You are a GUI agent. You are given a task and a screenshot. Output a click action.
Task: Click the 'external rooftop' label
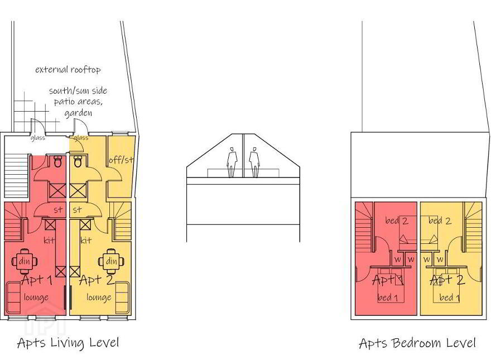(x=68, y=69)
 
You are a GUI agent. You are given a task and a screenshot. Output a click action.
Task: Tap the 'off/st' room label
(x=121, y=160)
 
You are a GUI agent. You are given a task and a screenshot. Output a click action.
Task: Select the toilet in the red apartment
(x=57, y=161)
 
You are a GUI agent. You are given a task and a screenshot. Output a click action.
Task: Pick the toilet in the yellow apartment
(x=78, y=161)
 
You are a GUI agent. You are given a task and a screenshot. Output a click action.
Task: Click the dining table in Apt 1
(x=25, y=261)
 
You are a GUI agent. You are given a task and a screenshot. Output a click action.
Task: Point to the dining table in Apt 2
(x=111, y=261)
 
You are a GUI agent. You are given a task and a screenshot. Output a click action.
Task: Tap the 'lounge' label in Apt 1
(x=36, y=297)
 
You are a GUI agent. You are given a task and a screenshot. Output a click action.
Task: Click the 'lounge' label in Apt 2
(x=99, y=297)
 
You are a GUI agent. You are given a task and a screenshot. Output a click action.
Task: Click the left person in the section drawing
(x=232, y=162)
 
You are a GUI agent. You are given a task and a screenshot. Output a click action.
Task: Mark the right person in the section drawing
(x=254, y=162)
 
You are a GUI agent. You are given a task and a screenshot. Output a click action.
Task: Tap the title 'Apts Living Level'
(x=68, y=343)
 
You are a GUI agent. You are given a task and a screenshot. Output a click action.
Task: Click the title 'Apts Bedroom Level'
(x=417, y=343)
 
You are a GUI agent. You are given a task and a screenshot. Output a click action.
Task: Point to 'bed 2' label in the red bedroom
(x=397, y=221)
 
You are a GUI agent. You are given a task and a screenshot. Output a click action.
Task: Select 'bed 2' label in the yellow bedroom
(x=440, y=221)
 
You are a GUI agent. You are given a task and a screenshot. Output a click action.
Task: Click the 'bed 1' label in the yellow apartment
(x=450, y=297)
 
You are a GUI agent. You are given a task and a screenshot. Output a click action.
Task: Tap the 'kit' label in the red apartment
(x=49, y=241)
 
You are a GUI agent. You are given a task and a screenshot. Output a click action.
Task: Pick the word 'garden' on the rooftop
(x=78, y=113)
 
